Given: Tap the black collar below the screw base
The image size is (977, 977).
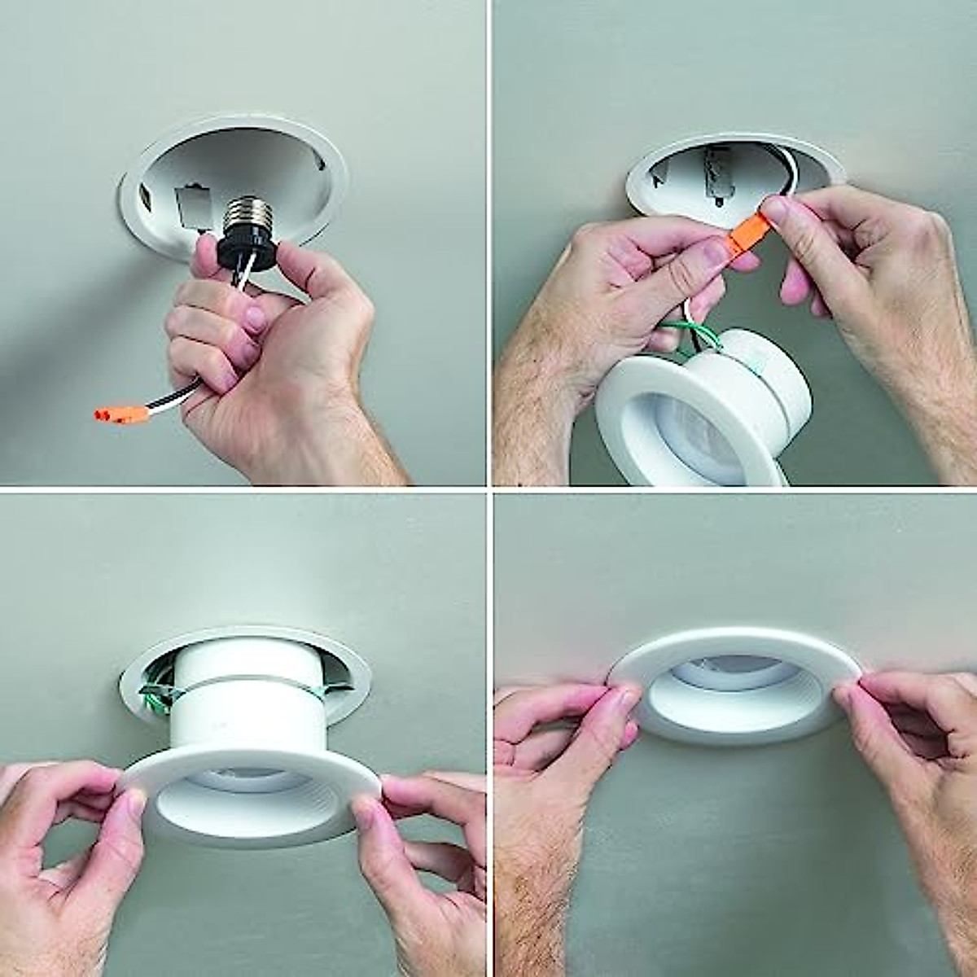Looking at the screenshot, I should click(x=248, y=245).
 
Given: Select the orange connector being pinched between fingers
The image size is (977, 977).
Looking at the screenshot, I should click(x=743, y=236).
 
